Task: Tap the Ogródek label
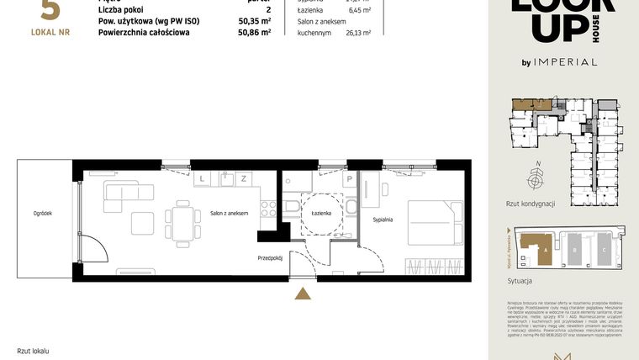44,214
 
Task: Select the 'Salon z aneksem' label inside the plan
230,214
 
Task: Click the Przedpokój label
270,259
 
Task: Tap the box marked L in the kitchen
203,178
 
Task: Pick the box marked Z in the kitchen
243,178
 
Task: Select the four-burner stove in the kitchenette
268,209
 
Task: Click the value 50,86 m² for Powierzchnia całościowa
254,33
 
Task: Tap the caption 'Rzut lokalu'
34,350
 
